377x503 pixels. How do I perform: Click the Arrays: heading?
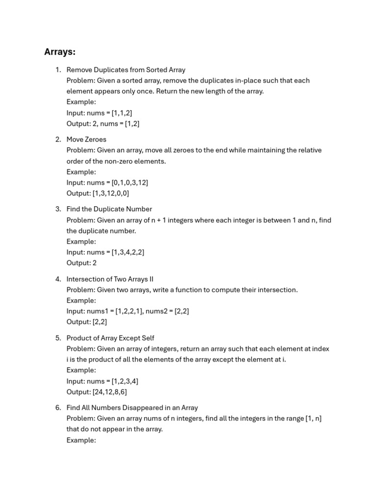[60, 52]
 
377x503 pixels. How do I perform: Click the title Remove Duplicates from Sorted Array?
[126, 70]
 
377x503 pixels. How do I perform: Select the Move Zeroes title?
[86, 140]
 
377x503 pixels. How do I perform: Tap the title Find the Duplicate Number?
[109, 209]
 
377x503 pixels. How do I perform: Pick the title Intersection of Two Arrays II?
[110, 279]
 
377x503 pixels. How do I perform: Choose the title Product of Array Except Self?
[110, 338]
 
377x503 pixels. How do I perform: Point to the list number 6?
[58, 408]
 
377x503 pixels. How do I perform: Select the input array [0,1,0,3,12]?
[130, 183]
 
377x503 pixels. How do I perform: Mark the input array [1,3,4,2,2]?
[128, 252]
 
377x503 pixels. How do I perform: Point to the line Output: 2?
[81, 263]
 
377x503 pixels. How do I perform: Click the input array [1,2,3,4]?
[125, 381]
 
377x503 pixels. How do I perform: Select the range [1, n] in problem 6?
[313, 419]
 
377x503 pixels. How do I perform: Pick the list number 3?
[58, 209]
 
